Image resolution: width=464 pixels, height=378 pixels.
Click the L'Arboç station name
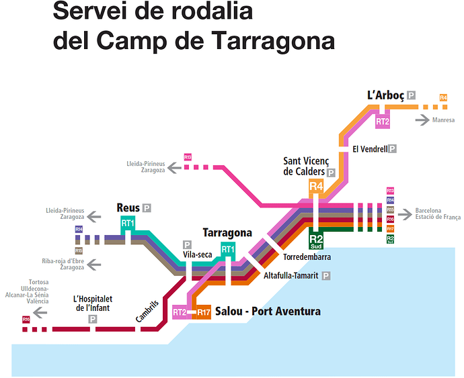[386, 95]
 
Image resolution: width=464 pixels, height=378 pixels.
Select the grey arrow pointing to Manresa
[423, 120]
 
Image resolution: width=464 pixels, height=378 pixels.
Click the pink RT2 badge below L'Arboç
[383, 122]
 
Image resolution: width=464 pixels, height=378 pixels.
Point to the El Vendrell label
[370, 149]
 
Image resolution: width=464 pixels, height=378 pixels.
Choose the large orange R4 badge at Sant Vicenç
[317, 186]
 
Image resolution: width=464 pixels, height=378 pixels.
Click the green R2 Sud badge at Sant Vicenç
[317, 239]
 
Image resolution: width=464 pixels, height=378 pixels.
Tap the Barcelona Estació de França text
[438, 214]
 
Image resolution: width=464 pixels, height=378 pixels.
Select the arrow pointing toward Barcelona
[405, 214]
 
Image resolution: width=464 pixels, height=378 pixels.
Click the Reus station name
[128, 208]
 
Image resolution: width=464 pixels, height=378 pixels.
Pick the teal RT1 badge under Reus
[128, 224]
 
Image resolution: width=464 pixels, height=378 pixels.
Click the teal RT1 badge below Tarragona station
[228, 250]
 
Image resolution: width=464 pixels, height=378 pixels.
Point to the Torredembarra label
[307, 257]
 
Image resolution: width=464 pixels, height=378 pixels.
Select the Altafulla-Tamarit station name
[291, 275]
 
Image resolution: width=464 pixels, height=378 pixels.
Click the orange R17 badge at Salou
[204, 312]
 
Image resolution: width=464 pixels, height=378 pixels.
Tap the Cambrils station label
[147, 311]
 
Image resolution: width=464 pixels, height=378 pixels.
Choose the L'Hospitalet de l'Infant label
[91, 303]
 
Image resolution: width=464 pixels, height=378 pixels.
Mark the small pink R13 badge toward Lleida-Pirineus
[188, 157]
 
